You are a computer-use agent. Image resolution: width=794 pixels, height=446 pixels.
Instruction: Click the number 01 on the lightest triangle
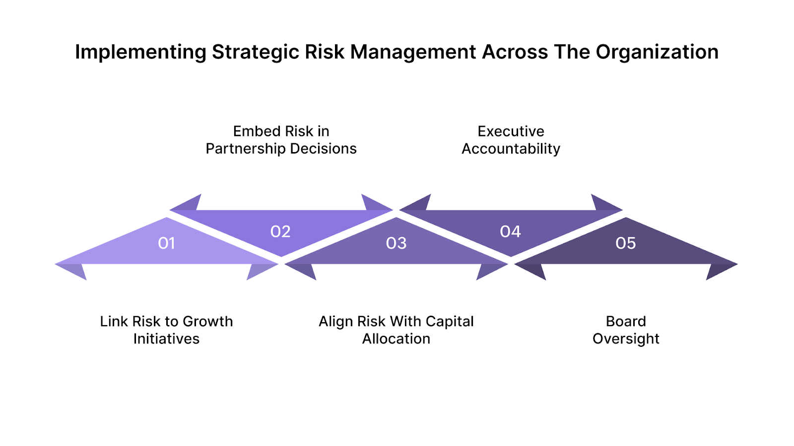[166, 243]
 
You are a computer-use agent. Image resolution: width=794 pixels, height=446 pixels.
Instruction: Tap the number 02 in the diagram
[280, 231]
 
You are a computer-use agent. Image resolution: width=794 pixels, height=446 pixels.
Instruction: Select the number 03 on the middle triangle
[396, 243]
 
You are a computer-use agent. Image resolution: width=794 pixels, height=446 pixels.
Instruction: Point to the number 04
[510, 231]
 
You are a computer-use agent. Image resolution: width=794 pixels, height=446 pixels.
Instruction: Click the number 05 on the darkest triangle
[625, 243]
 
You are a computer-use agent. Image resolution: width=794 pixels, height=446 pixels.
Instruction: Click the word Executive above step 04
[511, 131]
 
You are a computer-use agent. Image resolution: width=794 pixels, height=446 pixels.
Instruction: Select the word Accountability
[511, 149]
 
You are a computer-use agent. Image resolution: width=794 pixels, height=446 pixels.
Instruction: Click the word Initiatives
[166, 339]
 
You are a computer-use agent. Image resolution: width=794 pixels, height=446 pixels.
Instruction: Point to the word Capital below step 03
[449, 322]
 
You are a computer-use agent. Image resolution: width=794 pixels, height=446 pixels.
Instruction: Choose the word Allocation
[396, 339]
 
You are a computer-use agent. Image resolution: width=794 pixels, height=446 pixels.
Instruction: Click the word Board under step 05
[626, 322]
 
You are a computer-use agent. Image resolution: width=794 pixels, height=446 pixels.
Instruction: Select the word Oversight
[626, 339]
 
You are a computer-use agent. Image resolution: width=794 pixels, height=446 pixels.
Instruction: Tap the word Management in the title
[413, 52]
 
